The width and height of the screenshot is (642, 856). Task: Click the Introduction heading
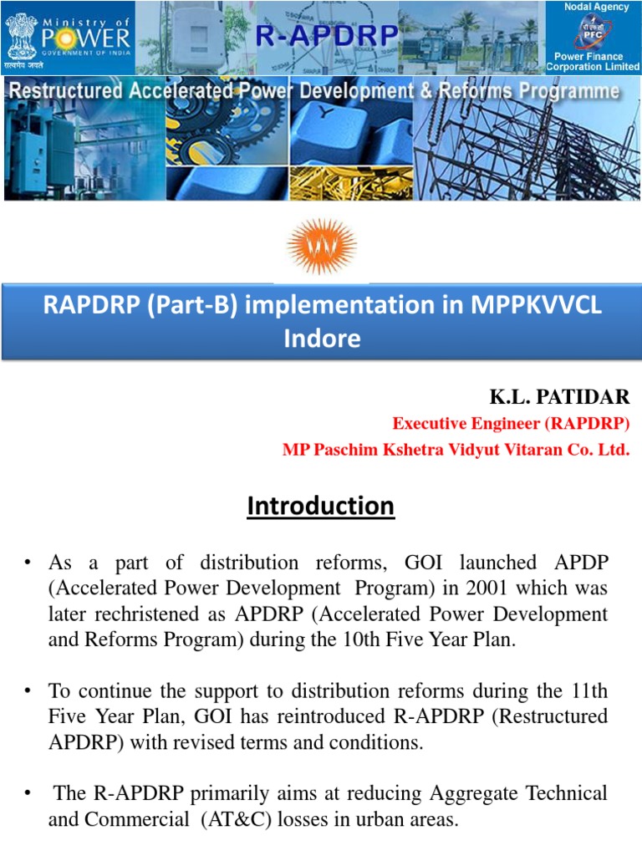point(321,506)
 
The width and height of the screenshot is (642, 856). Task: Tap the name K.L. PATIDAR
point(559,396)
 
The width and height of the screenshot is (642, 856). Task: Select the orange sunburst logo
point(321,246)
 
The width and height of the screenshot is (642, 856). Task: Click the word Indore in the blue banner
point(321,338)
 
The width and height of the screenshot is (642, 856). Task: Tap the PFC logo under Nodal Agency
point(594,34)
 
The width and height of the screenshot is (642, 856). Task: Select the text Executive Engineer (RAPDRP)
point(511,424)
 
